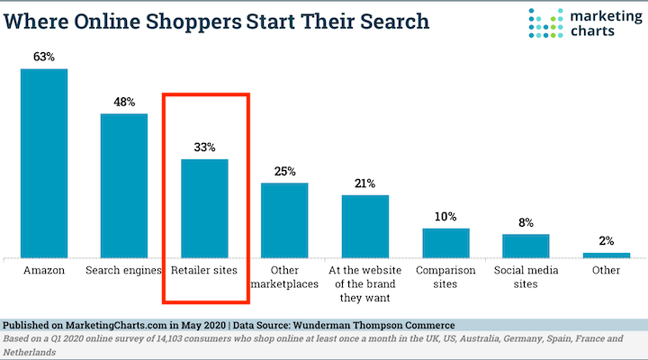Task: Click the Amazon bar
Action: pos(44,163)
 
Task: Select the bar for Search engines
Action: pos(123,185)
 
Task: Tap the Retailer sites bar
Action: pos(204,208)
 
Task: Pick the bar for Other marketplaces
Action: pos(284,220)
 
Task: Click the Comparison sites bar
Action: pos(445,242)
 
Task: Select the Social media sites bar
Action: pos(526,246)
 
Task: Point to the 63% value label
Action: pos(44,58)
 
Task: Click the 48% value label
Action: pos(124,102)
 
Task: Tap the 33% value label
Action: pos(204,147)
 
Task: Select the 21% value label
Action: pos(364,183)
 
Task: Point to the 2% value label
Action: pos(606,241)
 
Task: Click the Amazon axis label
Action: pos(44,269)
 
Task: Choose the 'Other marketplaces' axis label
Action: pos(284,276)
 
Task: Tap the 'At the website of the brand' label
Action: pos(364,283)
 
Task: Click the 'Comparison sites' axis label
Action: pos(445,276)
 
